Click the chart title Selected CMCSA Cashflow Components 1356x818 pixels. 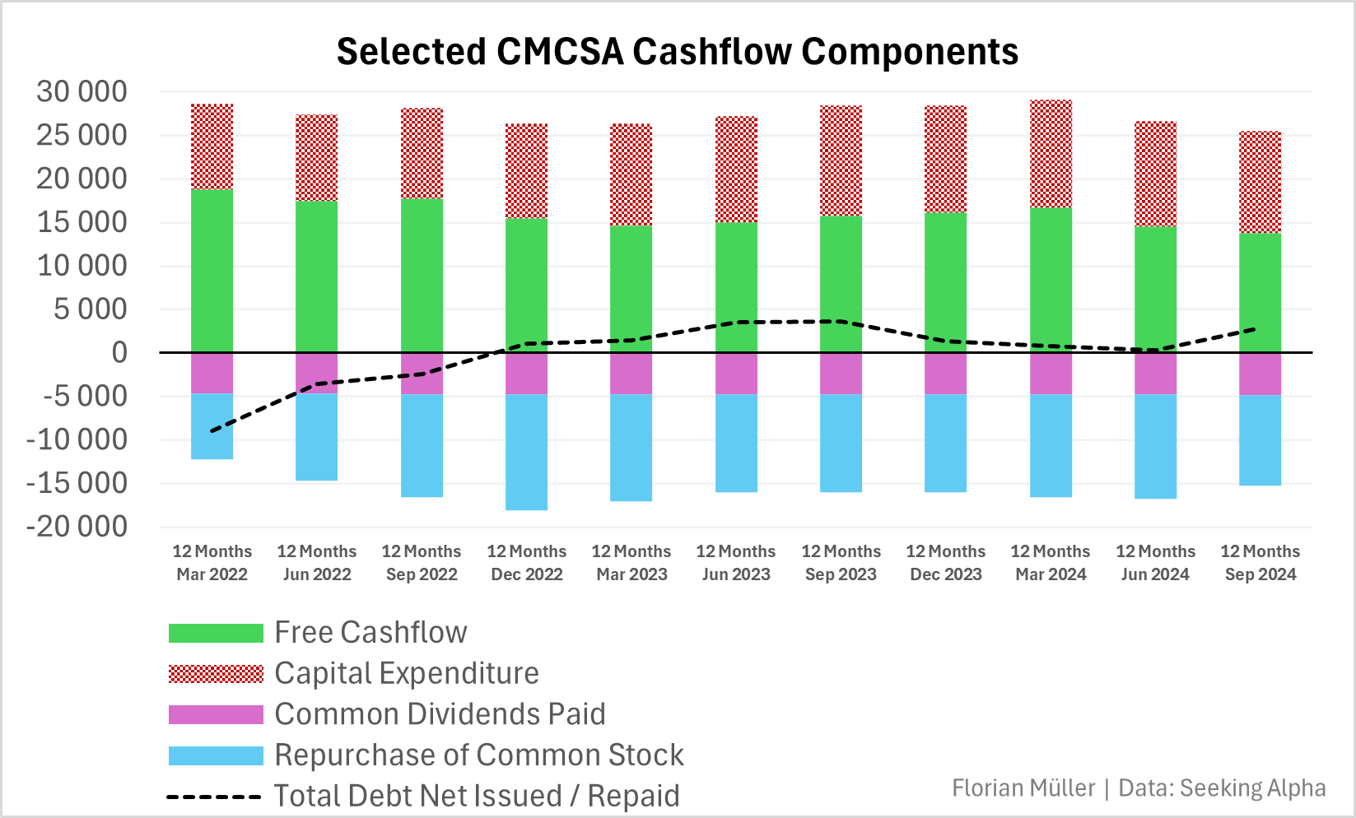point(677,51)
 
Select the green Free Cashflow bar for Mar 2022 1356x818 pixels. point(212,272)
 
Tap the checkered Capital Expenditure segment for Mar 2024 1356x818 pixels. point(1051,154)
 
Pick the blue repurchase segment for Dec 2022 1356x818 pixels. point(526,453)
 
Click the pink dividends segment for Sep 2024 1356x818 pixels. point(1260,374)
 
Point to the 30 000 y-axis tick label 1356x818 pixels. point(82,91)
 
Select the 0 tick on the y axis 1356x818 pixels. point(119,353)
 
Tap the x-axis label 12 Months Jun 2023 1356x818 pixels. point(736,563)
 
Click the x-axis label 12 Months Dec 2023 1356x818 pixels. point(945,563)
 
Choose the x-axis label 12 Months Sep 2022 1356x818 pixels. point(422,563)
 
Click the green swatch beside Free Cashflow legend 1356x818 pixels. point(216,633)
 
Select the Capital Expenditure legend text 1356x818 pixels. point(407,673)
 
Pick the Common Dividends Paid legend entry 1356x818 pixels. point(440,713)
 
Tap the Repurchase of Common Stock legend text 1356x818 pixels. point(479,755)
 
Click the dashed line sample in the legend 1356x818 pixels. point(214,797)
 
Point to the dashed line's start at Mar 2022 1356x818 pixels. point(212,430)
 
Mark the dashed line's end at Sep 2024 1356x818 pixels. point(1255,329)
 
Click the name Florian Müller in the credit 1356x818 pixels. point(1023,788)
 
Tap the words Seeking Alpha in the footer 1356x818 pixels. point(1252,788)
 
